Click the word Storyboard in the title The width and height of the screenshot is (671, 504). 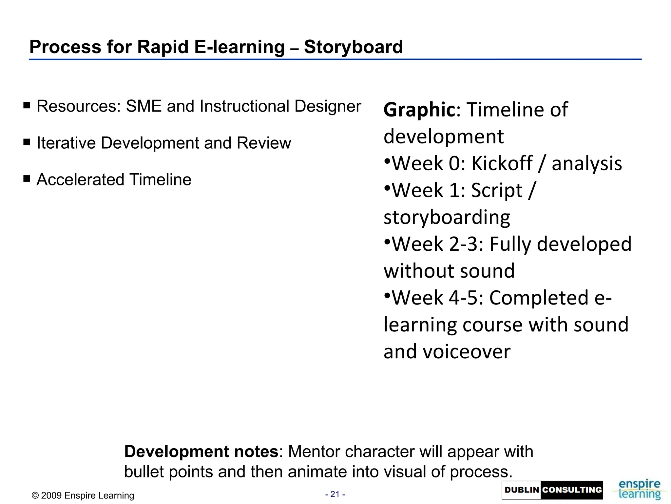pyautogui.click(x=353, y=47)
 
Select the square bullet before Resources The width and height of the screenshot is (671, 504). pyautogui.click(x=27, y=105)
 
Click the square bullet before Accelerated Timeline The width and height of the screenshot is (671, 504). pyautogui.click(x=27, y=179)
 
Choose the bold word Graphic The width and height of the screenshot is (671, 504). pyautogui.click(x=419, y=110)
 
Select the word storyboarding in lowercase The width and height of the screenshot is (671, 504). pyautogui.click(x=447, y=217)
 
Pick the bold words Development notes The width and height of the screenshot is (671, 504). pyautogui.click(x=201, y=451)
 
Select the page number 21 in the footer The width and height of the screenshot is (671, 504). pyautogui.click(x=335, y=494)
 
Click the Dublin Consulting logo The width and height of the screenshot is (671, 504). pyautogui.click(x=552, y=490)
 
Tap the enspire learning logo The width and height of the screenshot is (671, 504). pyautogui.click(x=639, y=490)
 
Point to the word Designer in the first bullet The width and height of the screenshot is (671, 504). pyautogui.click(x=327, y=106)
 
